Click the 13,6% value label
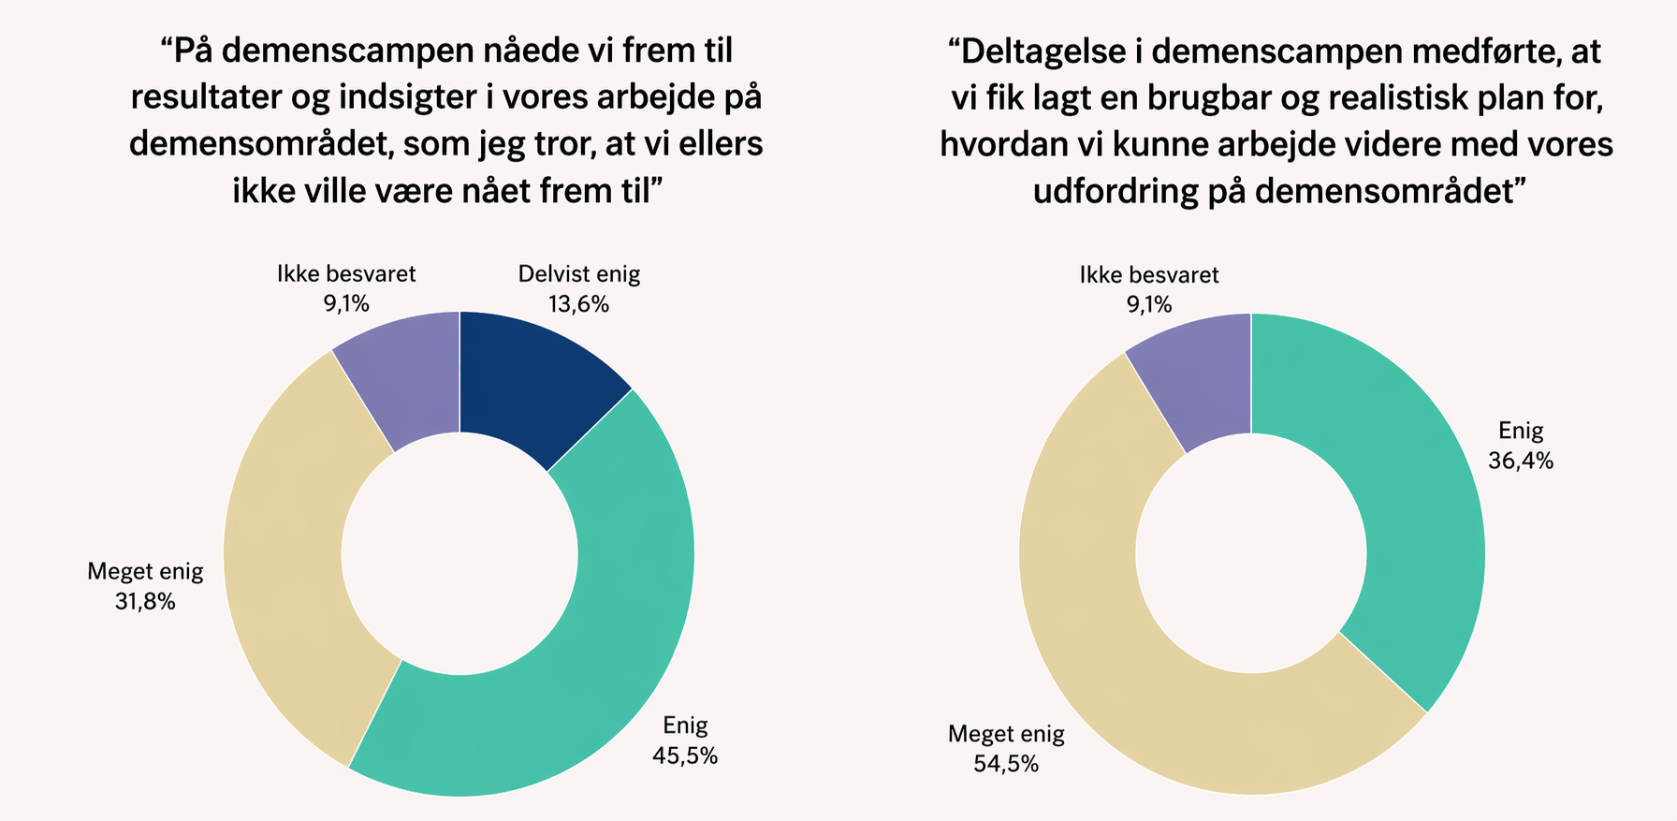[x=578, y=304]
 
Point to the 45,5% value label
[x=685, y=755]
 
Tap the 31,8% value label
[x=145, y=601]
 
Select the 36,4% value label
[x=1521, y=461]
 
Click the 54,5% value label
[x=1006, y=764]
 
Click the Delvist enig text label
[x=579, y=274]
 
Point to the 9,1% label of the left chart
[x=346, y=303]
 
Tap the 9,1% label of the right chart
[x=1149, y=304]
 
